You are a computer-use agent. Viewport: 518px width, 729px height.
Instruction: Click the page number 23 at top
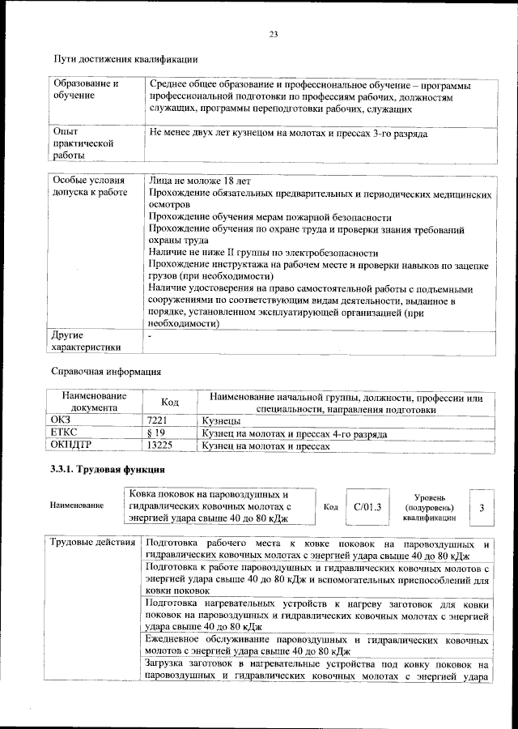[274, 33]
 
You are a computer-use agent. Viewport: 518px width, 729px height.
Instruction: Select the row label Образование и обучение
[85, 90]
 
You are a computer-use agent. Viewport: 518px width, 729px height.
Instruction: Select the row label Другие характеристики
[86, 341]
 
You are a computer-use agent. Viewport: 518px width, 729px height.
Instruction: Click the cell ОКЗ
[62, 422]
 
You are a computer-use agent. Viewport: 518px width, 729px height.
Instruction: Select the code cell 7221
[157, 422]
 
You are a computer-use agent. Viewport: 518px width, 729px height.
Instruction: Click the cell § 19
[155, 434]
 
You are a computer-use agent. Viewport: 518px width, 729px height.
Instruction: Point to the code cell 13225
[159, 446]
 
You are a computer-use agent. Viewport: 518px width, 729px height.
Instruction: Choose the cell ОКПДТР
[72, 446]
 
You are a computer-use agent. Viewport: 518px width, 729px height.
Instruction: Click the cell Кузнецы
[221, 422]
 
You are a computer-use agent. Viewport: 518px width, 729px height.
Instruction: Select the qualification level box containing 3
[481, 507]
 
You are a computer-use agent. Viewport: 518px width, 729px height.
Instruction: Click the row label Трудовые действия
[91, 542]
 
